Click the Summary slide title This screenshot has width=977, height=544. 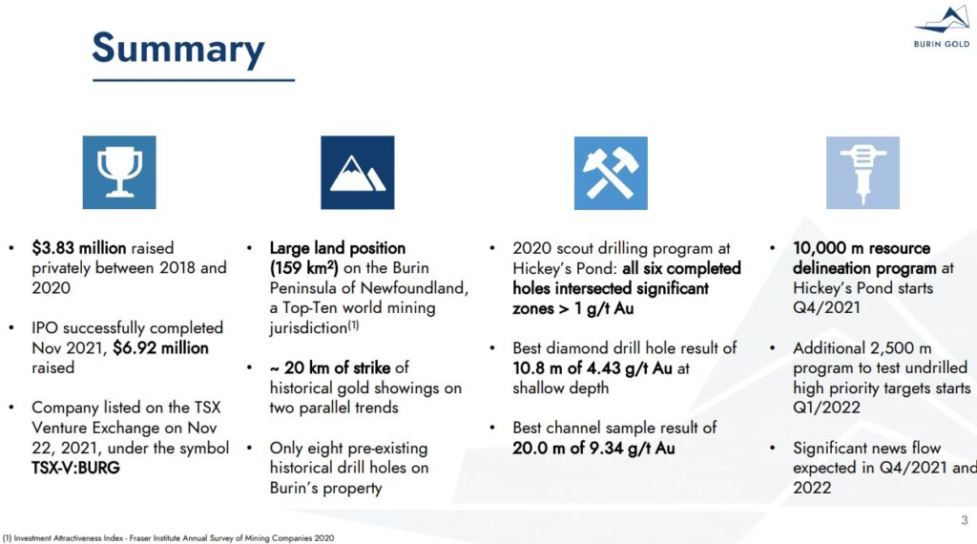point(178,49)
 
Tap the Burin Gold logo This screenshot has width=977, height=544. point(942,27)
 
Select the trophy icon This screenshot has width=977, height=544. point(119,173)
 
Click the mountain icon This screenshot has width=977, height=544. point(357,173)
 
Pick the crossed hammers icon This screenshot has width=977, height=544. point(611,174)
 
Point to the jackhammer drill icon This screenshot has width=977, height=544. point(863,173)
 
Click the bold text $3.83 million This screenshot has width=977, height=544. point(79,248)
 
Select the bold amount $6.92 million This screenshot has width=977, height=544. point(160,347)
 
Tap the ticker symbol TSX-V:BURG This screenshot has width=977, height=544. point(75,468)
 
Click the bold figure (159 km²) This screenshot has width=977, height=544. point(304,268)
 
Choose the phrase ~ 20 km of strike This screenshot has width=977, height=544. point(330,367)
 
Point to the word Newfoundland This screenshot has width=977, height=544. point(414,288)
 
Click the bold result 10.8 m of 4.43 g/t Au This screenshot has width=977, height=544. point(592,368)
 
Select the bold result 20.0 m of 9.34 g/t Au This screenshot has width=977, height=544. point(593,448)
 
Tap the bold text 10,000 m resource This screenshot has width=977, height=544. point(862,248)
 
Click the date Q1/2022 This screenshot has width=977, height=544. point(826,408)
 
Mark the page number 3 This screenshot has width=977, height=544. point(965,520)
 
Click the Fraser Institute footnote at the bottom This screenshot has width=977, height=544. point(168,537)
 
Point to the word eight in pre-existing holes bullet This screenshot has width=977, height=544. point(322,448)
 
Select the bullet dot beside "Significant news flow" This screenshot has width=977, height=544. point(773,448)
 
